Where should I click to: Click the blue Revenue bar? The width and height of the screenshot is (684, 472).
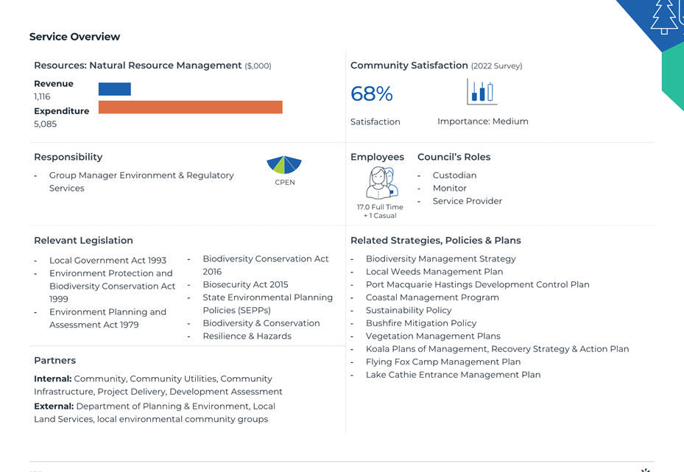(114, 89)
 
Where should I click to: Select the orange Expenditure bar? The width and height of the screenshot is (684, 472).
(190, 108)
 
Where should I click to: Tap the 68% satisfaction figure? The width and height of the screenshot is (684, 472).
(372, 94)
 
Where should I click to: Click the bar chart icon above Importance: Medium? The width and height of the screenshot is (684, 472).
(482, 91)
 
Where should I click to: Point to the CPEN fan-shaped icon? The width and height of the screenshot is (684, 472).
(284, 165)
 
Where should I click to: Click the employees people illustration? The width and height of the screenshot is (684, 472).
(381, 183)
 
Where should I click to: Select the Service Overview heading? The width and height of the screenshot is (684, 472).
(74, 37)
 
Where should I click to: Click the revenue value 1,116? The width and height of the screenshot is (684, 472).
(42, 96)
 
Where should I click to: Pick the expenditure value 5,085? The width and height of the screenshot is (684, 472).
(46, 124)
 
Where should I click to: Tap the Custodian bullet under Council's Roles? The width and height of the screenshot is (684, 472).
(454, 175)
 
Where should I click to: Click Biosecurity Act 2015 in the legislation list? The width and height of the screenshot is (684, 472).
(246, 284)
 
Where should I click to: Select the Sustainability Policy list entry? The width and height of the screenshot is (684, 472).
(409, 310)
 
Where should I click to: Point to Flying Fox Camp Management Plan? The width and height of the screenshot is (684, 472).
(443, 362)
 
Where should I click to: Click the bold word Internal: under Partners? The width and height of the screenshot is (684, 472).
(53, 378)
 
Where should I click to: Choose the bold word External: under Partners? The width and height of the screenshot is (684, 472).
(54, 406)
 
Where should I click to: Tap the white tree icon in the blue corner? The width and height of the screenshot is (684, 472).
(664, 17)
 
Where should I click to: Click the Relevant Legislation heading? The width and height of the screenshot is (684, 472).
(83, 240)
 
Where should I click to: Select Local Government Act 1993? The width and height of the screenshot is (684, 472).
(107, 261)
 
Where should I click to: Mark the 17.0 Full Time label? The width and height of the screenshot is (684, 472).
(380, 207)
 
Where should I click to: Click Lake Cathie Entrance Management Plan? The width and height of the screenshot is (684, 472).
(454, 375)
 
